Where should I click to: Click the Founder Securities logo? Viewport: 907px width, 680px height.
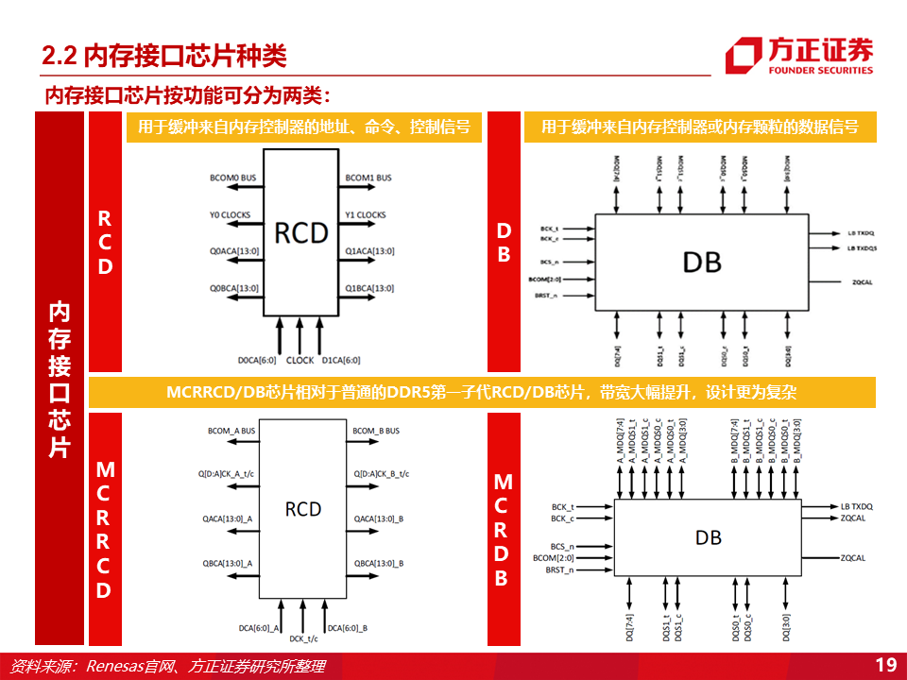[799, 56]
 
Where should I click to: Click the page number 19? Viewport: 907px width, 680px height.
[885, 665]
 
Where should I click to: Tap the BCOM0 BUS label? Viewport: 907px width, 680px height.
[232, 178]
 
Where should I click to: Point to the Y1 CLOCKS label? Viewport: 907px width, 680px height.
[366, 214]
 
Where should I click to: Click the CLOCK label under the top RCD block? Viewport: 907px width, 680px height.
[299, 360]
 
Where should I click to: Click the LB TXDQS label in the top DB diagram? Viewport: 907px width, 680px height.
[861, 247]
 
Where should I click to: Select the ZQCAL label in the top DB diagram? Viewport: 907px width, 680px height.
[859, 281]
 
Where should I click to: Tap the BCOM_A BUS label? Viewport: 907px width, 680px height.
[231, 431]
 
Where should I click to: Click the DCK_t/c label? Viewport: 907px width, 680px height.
[302, 638]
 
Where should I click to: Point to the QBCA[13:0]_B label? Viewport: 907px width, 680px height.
[378, 563]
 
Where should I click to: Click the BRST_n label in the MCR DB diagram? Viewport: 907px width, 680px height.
[559, 569]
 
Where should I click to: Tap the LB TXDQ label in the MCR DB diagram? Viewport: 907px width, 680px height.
[857, 507]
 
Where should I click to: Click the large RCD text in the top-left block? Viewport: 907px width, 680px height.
[301, 232]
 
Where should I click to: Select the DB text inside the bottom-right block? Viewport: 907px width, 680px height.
[709, 537]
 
